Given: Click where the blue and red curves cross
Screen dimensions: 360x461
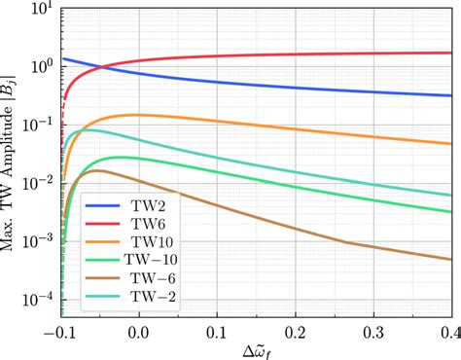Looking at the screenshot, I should pyautogui.click(x=102, y=66).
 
